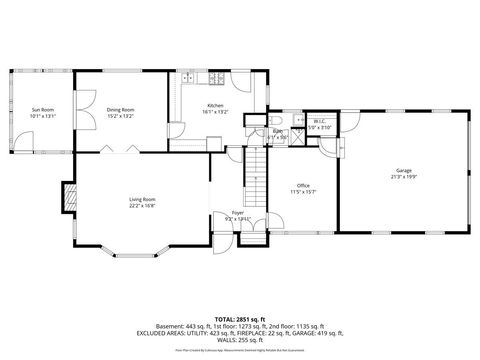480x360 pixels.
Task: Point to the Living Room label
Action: coord(141,199)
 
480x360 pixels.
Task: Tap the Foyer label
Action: coord(238,212)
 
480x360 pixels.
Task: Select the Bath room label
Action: coord(282,131)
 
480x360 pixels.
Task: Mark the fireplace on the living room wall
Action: coord(70,197)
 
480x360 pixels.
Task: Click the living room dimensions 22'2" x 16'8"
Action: coord(141,206)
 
